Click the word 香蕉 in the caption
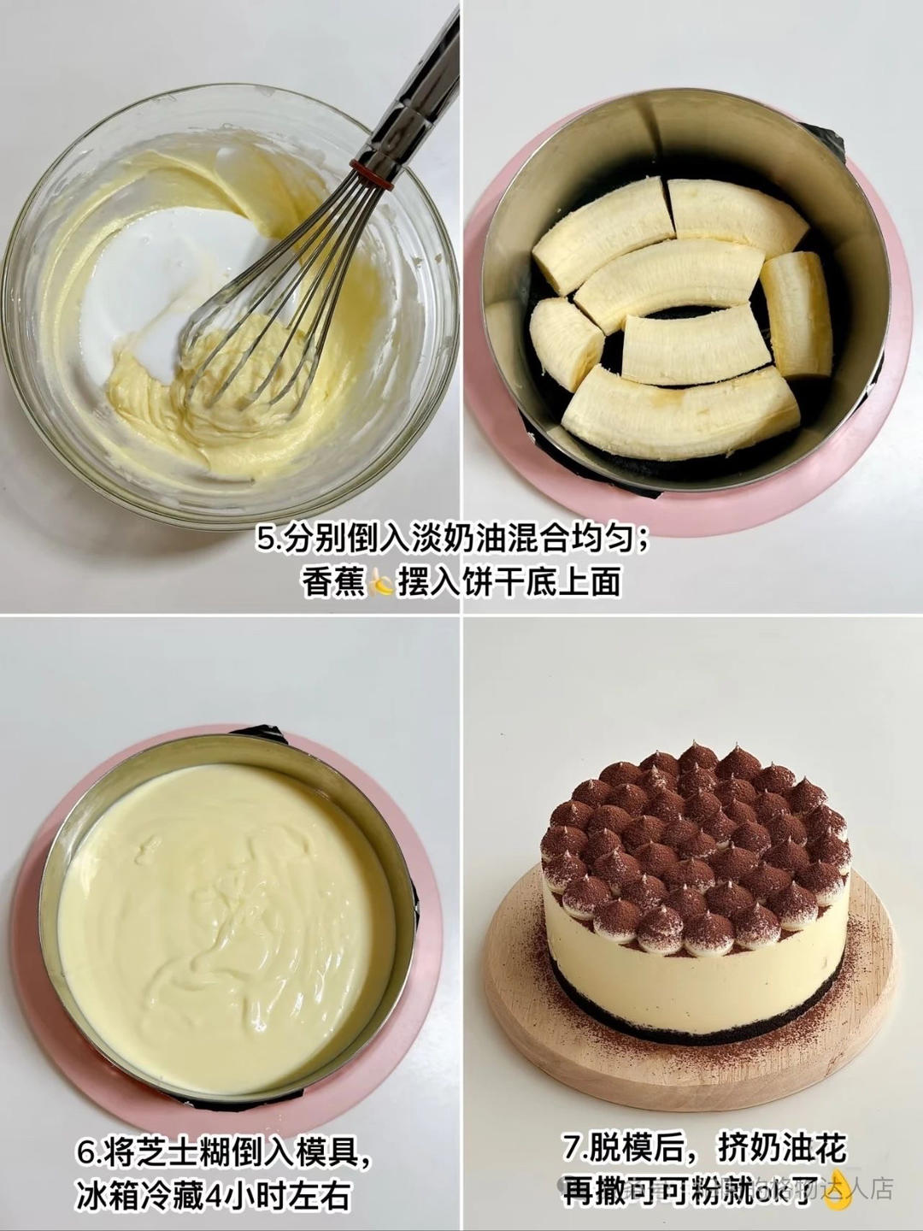(333, 583)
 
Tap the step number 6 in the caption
(86, 1153)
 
